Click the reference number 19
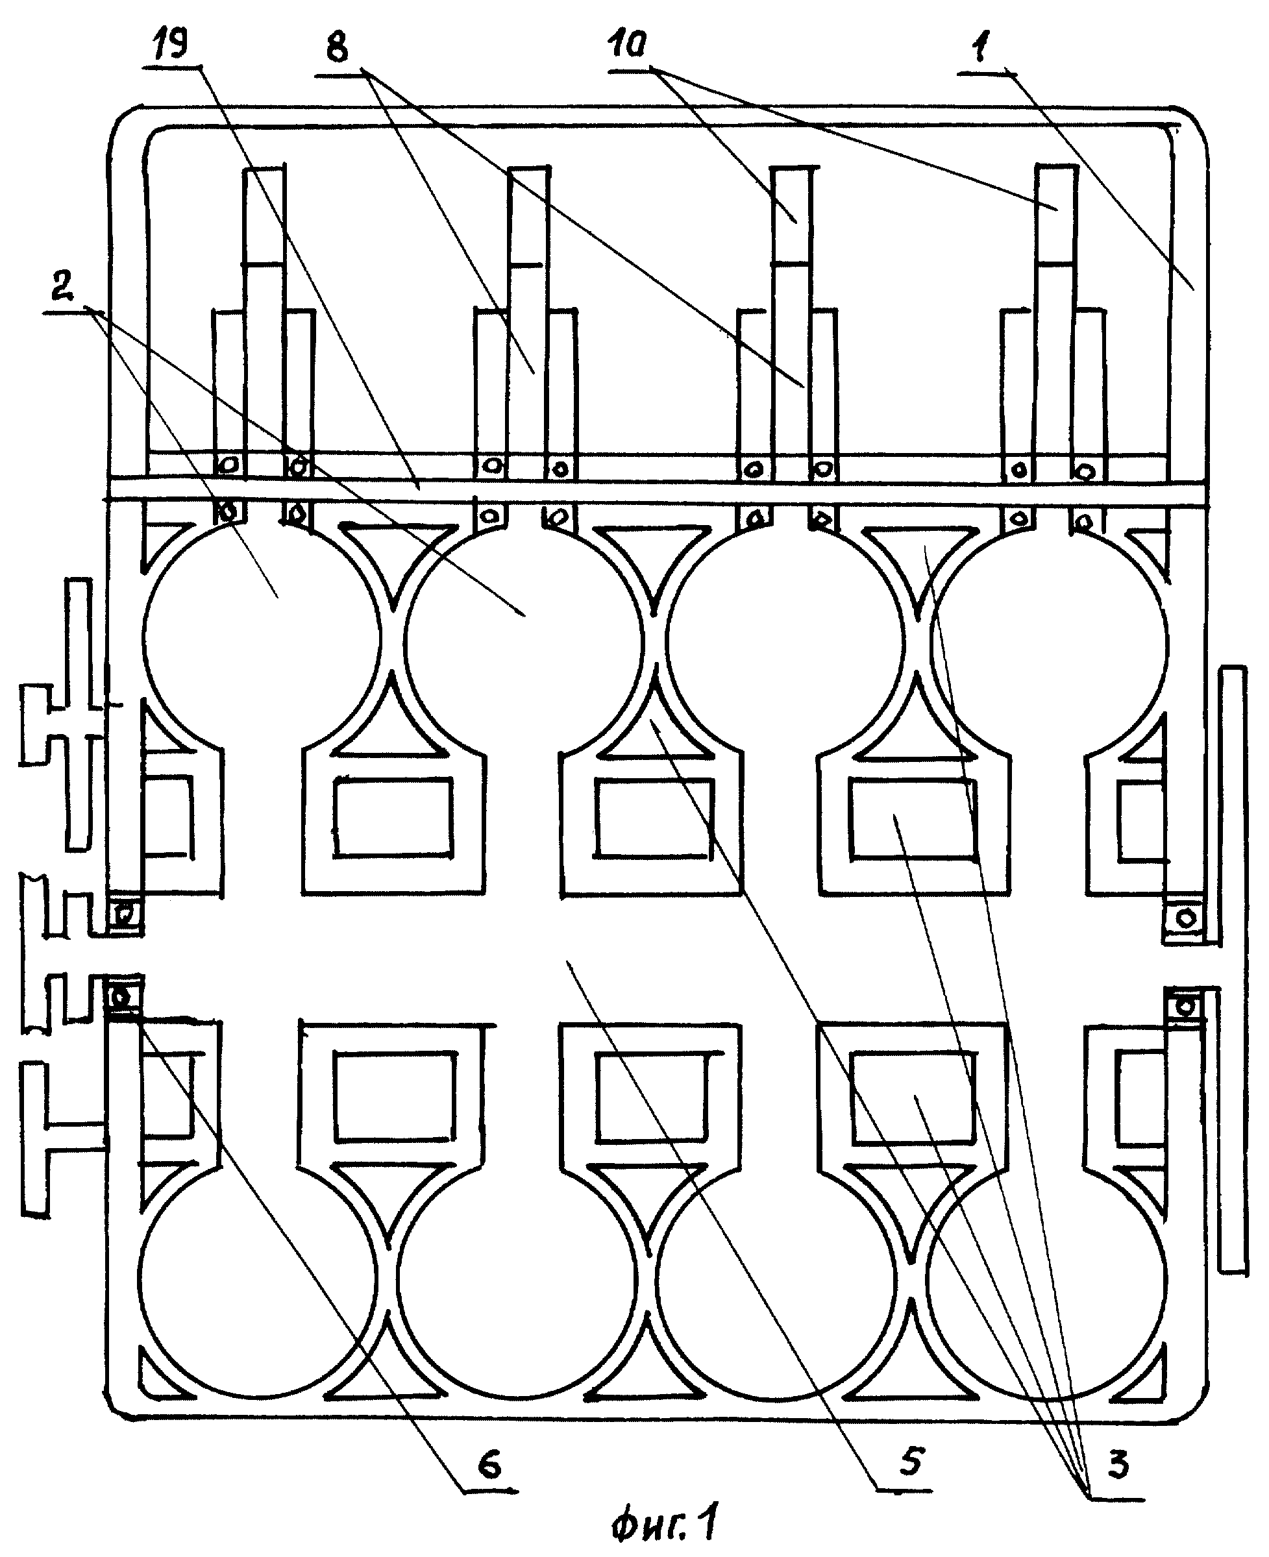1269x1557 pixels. (169, 42)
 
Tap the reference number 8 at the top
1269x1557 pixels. (338, 49)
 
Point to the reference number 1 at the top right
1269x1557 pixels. (981, 47)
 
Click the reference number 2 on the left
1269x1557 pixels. (62, 288)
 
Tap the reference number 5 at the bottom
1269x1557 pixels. (911, 1460)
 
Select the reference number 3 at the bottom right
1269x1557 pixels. (1117, 1465)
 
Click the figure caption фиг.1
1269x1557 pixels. (665, 1521)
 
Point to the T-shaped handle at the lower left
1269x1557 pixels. (62, 1140)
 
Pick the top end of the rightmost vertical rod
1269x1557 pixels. (1055, 167)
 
